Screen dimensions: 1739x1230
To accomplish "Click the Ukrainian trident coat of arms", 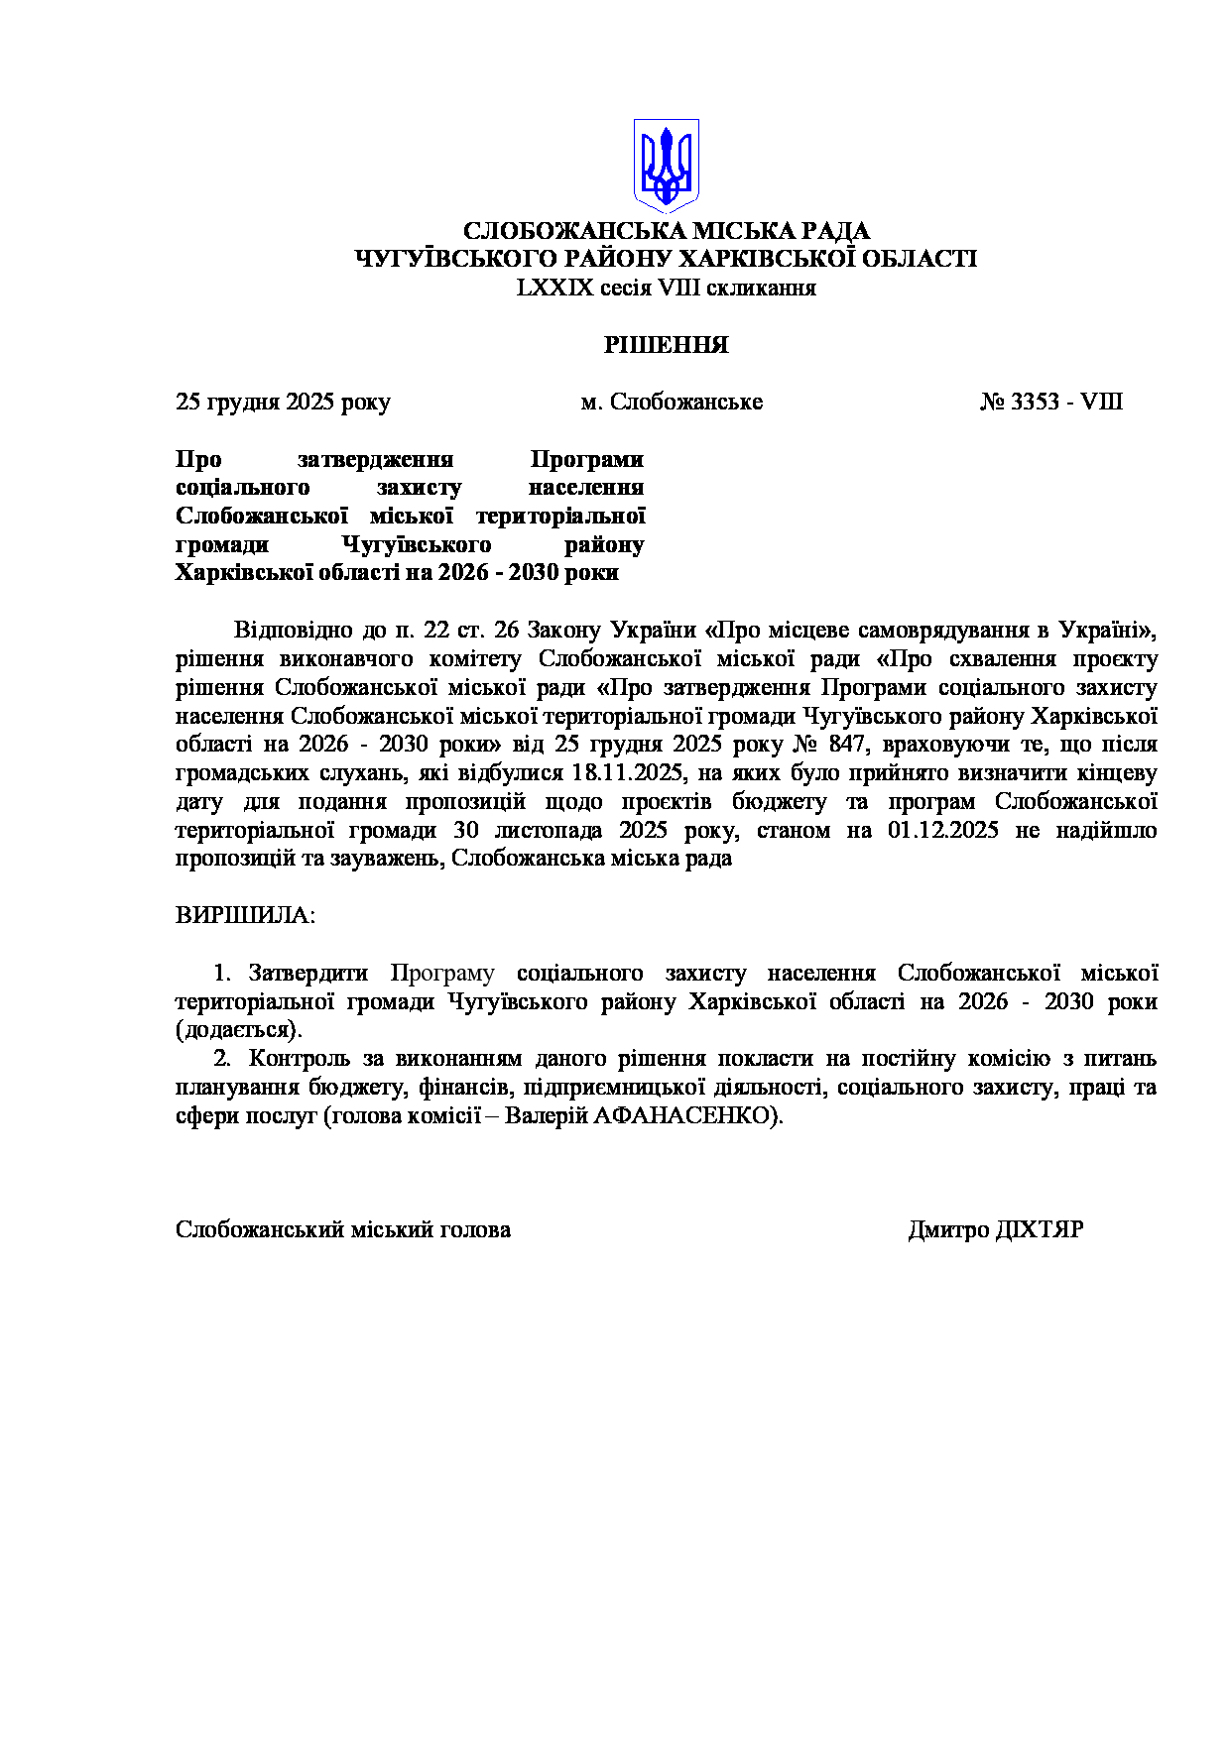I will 667,165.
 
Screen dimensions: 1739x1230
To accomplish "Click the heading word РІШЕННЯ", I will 667,345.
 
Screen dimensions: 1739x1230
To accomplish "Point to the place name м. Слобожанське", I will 672,403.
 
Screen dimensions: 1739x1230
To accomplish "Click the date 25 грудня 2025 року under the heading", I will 283,403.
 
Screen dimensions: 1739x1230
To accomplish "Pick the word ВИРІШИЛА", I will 244,915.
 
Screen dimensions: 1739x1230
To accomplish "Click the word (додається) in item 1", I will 238,1030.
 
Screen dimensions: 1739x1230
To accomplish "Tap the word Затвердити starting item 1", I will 307,974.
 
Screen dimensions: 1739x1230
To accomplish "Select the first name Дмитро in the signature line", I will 948,1230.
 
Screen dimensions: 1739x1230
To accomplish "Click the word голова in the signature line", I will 478,1230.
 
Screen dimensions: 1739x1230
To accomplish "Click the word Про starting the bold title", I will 198,460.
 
